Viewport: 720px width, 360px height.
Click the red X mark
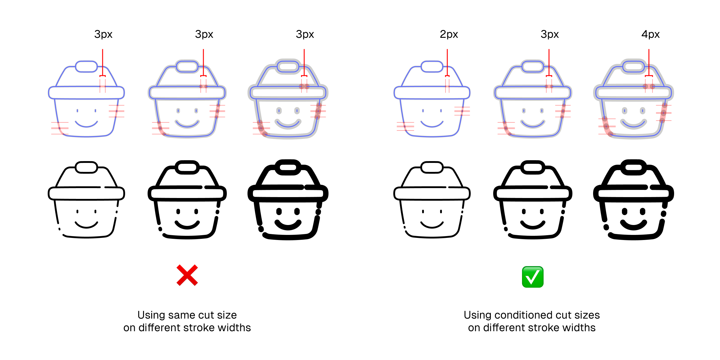pos(187,275)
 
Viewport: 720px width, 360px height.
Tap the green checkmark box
pos(533,277)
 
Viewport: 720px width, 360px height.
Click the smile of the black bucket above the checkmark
pos(533,225)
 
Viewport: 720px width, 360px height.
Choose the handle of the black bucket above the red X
pos(187,167)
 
